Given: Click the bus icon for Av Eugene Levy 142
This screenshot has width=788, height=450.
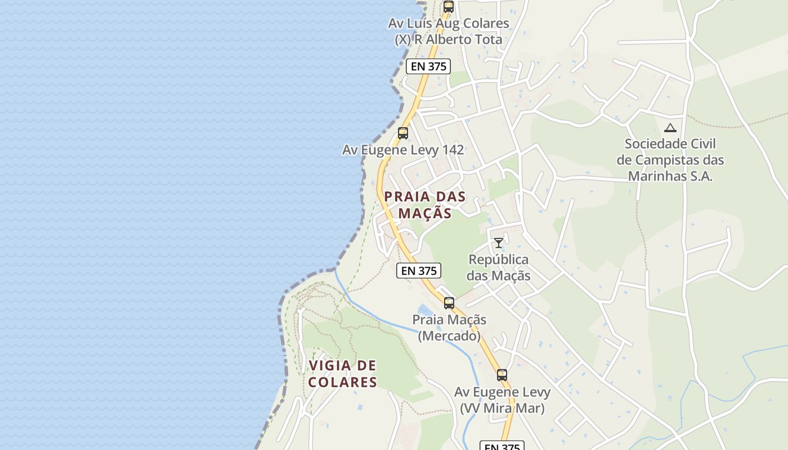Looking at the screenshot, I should tap(403, 133).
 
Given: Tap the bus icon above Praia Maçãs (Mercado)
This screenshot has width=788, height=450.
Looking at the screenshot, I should tap(449, 303).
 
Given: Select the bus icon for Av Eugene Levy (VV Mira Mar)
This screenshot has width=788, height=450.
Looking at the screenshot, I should tap(502, 375).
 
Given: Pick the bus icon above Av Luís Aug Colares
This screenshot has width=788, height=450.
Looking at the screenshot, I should tap(449, 7).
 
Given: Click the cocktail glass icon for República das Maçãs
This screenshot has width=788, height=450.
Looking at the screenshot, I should tap(499, 243).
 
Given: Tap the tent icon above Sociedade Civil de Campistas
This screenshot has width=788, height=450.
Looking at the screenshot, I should tap(670, 128).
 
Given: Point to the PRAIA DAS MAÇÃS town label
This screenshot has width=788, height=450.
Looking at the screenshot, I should tap(425, 205).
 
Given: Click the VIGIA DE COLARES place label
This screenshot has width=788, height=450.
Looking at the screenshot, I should tap(342, 374).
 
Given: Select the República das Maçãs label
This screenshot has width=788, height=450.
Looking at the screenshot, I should tap(499, 268).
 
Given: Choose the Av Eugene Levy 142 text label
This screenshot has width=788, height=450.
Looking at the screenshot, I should tap(403, 150).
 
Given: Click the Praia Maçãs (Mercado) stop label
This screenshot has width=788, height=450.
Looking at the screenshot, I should tap(449, 328).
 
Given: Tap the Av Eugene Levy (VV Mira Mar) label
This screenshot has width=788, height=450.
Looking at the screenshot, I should tap(502, 400).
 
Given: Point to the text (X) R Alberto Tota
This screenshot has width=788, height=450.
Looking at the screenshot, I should tap(448, 40).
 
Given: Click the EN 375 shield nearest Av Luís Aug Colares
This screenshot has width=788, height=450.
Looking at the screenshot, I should tap(428, 66).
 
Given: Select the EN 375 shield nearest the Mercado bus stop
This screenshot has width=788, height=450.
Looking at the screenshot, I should tap(419, 271).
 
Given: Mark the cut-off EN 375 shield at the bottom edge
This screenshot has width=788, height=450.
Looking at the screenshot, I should tap(502, 446).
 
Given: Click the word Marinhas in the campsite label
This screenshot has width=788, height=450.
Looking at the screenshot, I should tap(670, 176).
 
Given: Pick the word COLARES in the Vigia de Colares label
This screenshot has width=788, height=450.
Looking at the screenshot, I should tap(342, 382).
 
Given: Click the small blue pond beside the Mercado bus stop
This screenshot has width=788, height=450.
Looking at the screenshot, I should tap(425, 310).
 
